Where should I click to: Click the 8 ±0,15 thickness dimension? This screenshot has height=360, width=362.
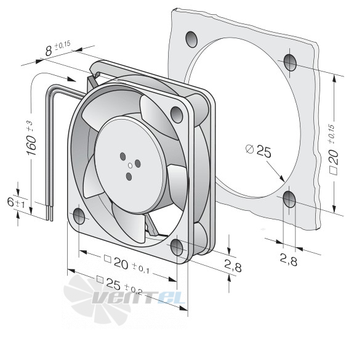(x=57, y=49)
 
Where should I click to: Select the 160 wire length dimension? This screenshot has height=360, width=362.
(x=31, y=139)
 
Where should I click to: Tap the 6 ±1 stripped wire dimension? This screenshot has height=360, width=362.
(x=16, y=203)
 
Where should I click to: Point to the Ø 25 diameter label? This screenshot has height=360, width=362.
(x=259, y=150)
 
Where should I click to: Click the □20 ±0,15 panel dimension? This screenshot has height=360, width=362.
(x=334, y=150)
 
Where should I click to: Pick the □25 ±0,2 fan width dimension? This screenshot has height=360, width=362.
(x=119, y=285)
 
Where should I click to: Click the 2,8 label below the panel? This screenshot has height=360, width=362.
(x=288, y=260)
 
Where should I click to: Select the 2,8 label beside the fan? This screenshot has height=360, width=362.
(x=233, y=266)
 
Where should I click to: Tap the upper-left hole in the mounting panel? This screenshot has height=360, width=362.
(x=191, y=39)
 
